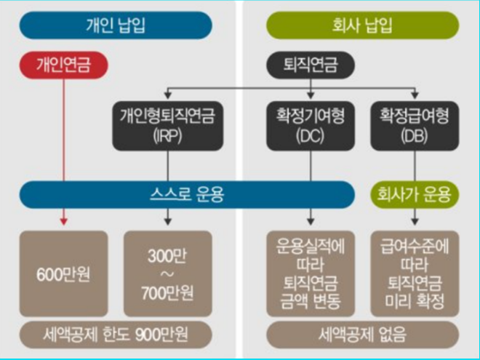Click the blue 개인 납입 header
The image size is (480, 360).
click(x=116, y=25)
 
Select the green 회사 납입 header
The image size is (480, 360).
click(x=363, y=25)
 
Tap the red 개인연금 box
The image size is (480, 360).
click(x=64, y=65)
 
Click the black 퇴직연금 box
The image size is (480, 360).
click(x=311, y=65)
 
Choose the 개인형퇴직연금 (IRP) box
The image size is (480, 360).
click(x=167, y=124)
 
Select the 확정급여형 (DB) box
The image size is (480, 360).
click(x=415, y=124)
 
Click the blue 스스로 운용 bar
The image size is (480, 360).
click(x=193, y=194)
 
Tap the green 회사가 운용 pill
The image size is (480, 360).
click(x=415, y=194)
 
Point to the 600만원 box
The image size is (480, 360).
click(x=64, y=273)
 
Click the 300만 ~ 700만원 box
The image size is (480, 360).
click(x=168, y=273)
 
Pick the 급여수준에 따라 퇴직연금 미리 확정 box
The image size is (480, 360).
click(x=415, y=273)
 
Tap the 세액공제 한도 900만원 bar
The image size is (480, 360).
click(x=116, y=335)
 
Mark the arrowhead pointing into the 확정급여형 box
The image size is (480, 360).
click(x=415, y=95)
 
